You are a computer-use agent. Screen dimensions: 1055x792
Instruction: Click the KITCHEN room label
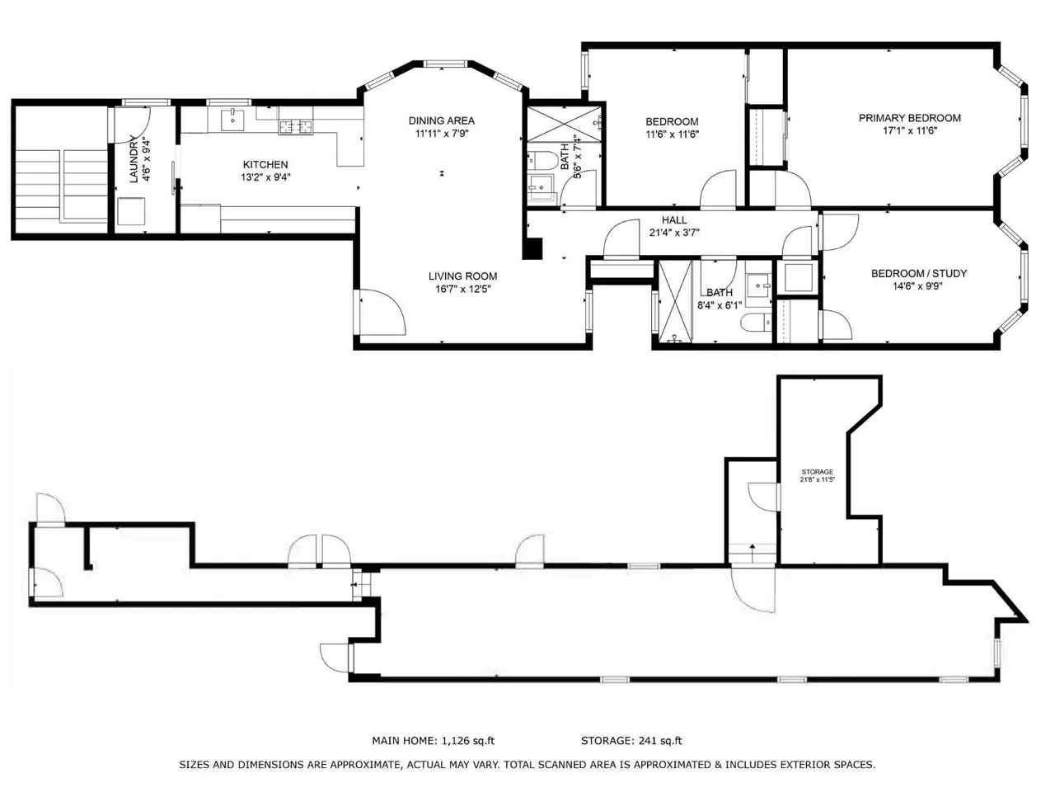point(265,164)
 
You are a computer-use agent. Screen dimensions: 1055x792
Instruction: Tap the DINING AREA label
point(441,120)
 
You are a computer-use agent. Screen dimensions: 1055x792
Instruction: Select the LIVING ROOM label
point(462,276)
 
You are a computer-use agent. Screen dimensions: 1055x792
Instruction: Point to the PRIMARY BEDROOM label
point(909,118)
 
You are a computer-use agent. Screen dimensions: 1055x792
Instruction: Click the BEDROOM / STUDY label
point(918,274)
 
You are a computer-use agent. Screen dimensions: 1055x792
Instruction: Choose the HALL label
point(674,220)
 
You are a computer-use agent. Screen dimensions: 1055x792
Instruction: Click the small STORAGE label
point(817,472)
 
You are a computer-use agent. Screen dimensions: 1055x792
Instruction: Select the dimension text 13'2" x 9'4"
point(265,177)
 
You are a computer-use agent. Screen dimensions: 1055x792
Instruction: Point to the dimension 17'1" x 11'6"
point(909,131)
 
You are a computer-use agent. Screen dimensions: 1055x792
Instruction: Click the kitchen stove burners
point(296,127)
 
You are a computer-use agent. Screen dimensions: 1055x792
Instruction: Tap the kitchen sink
point(232,120)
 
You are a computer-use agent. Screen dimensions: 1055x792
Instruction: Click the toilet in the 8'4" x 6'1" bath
point(756,323)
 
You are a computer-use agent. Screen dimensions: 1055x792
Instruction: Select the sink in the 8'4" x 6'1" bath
point(759,286)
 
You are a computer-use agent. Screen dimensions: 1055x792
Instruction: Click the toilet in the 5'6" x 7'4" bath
point(541,161)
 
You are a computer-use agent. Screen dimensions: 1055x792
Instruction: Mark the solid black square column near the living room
point(532,249)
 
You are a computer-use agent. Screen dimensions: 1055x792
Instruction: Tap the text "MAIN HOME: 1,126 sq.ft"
point(433,741)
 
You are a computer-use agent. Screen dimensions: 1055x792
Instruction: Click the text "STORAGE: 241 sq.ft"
point(631,741)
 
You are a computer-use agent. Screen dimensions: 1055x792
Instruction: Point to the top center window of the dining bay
point(445,64)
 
